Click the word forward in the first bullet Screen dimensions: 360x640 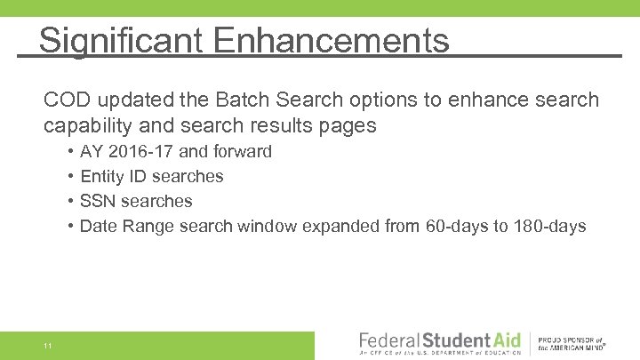click(x=242, y=152)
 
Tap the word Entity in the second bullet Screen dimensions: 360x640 click(x=101, y=177)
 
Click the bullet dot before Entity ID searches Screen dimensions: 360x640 click(x=70, y=177)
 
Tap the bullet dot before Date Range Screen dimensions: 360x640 click(x=70, y=227)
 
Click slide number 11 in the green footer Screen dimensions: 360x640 click(x=47, y=346)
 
